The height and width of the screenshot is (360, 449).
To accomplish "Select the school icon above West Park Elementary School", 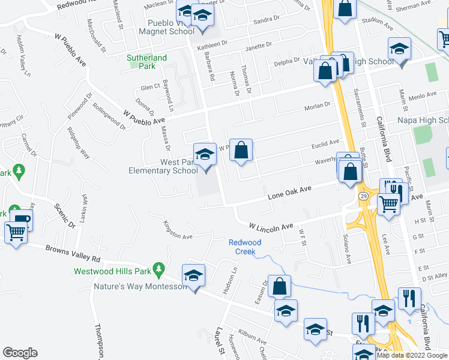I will [x=205, y=155].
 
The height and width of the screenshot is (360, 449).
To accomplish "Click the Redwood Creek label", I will [x=245, y=247].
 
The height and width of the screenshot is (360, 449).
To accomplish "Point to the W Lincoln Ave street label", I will [x=271, y=226].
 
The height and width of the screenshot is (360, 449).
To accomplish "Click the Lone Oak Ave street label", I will [x=289, y=192].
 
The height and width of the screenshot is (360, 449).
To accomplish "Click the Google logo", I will [x=20, y=353].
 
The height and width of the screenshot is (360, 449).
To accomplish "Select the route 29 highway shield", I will [x=363, y=196].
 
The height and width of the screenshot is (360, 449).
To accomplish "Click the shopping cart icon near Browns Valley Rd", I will [x=16, y=232].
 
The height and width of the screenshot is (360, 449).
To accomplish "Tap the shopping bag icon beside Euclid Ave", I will [x=241, y=151].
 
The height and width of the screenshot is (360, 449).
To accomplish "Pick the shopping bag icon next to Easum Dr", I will [x=279, y=286].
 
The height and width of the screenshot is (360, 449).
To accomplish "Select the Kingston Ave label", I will [x=178, y=232].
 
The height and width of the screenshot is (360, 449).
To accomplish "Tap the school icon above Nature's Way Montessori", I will [x=193, y=275].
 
